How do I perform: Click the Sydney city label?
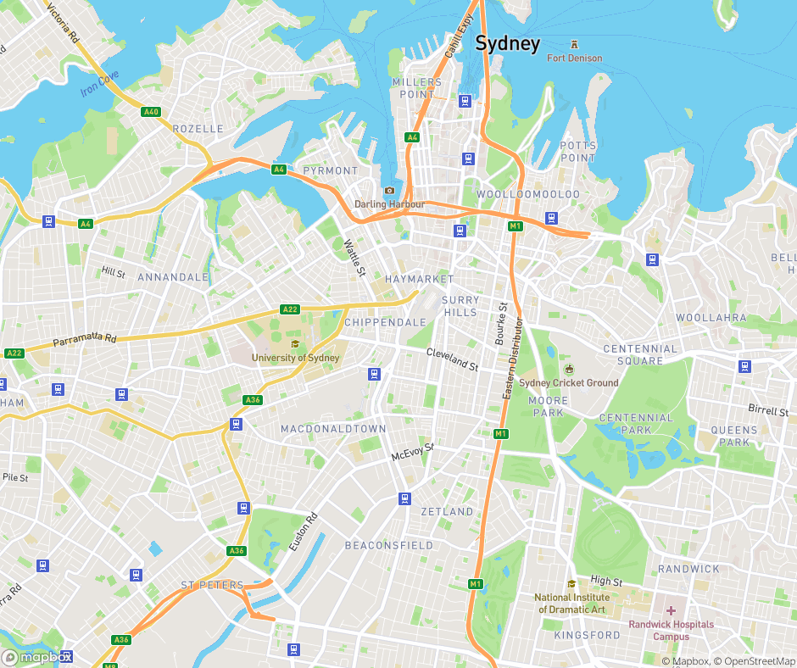click(x=507, y=44)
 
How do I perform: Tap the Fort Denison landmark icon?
click(x=575, y=44)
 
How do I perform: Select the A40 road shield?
click(x=151, y=112)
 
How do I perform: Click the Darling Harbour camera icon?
click(x=389, y=191)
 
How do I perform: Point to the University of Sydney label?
click(x=295, y=358)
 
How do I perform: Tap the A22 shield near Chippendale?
click(x=290, y=309)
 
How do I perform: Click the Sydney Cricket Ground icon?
click(x=569, y=369)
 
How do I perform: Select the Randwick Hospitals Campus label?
click(x=671, y=631)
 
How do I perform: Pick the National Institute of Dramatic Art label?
click(x=570, y=603)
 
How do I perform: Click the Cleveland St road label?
click(x=452, y=359)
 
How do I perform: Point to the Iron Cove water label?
click(x=100, y=84)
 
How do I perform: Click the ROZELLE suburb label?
click(x=198, y=129)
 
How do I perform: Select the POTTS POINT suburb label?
click(x=577, y=152)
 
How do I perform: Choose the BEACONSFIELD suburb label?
click(x=388, y=545)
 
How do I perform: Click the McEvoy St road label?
click(x=412, y=452)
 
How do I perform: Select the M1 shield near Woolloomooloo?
click(x=515, y=225)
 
